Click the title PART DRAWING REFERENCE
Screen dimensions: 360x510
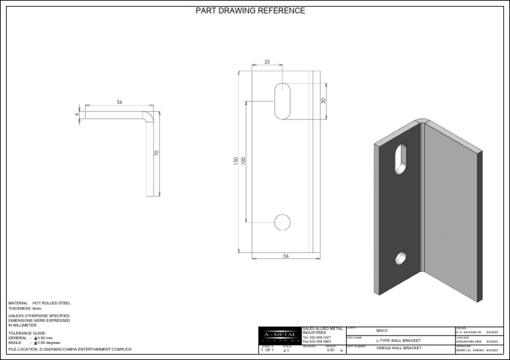click(250, 11)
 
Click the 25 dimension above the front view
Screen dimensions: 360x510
click(267, 62)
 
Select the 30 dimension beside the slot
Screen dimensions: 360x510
click(323, 101)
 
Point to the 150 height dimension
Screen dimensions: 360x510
click(235, 161)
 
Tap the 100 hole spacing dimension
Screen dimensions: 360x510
click(243, 161)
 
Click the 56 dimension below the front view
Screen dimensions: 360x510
click(286, 256)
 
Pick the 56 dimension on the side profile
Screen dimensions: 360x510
click(120, 102)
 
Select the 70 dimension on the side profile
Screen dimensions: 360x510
click(157, 153)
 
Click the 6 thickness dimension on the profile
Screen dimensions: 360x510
click(76, 114)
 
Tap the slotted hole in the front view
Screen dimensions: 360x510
click(282, 101)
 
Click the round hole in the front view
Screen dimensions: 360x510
click(282, 222)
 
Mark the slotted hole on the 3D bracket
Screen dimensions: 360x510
click(400, 158)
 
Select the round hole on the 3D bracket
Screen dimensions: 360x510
click(402, 257)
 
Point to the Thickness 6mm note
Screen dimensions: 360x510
click(25, 309)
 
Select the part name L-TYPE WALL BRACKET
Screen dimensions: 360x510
click(398, 340)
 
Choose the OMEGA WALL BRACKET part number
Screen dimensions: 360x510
click(398, 348)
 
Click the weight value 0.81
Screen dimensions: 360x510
click(331, 350)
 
